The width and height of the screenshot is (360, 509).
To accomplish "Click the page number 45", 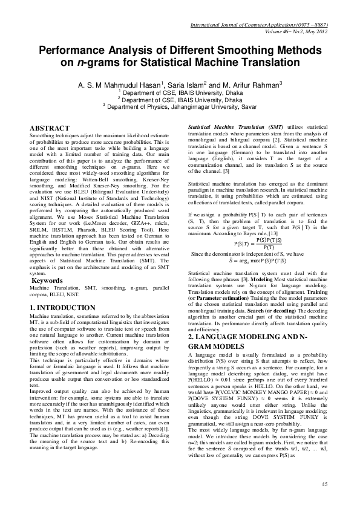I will (324, 483).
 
